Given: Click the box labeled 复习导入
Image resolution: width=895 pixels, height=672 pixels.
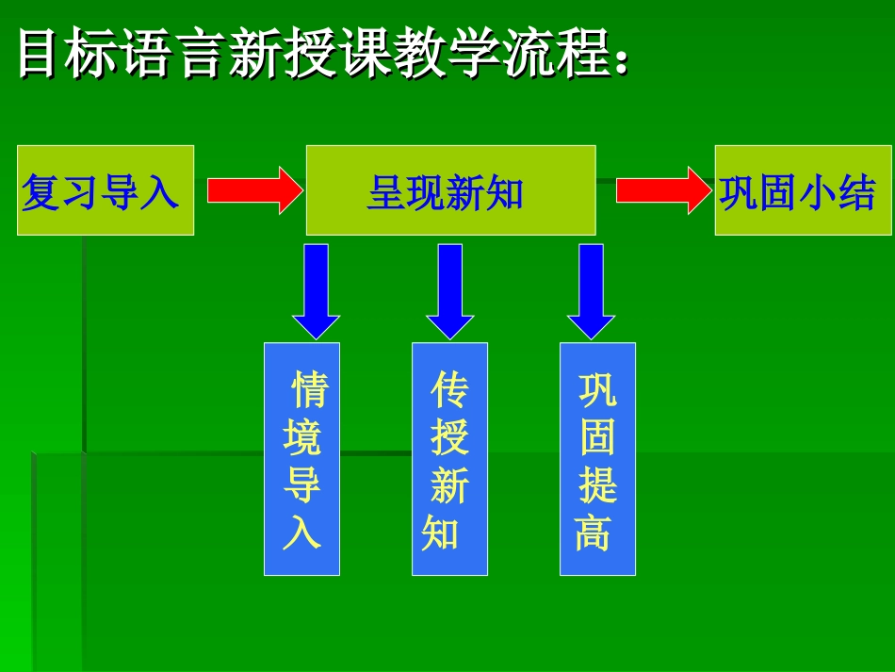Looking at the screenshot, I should [x=105, y=190].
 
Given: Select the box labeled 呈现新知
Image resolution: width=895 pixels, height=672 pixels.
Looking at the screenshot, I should [x=450, y=190].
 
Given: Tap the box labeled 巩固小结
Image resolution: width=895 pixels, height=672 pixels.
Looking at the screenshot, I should [x=802, y=190].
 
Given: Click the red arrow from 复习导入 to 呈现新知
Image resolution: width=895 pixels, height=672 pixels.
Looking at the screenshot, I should [x=252, y=190].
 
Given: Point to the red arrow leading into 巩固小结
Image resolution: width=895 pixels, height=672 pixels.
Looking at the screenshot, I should [x=661, y=190].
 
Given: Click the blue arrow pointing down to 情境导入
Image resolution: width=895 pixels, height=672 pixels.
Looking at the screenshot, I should [x=317, y=289].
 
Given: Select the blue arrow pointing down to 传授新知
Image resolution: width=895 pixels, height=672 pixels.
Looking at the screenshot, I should [x=450, y=289].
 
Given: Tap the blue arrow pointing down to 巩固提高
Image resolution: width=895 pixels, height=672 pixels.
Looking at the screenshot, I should [x=591, y=289].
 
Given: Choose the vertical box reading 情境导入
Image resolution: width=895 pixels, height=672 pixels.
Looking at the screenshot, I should [x=301, y=459].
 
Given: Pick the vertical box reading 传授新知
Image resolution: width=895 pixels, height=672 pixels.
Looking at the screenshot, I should [x=449, y=459].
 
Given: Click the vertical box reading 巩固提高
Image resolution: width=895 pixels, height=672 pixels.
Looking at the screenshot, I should [x=597, y=459].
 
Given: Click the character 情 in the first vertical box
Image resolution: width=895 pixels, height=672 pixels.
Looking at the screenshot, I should [x=310, y=388].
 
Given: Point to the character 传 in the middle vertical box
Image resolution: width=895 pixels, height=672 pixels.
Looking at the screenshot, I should [x=449, y=388].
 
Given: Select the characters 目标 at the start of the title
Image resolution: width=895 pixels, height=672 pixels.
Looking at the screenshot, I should [x=72, y=55].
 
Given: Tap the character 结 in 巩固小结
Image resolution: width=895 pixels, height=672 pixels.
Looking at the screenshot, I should [x=858, y=191].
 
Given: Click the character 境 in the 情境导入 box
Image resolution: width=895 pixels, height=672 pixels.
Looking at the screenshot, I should [x=302, y=437].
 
